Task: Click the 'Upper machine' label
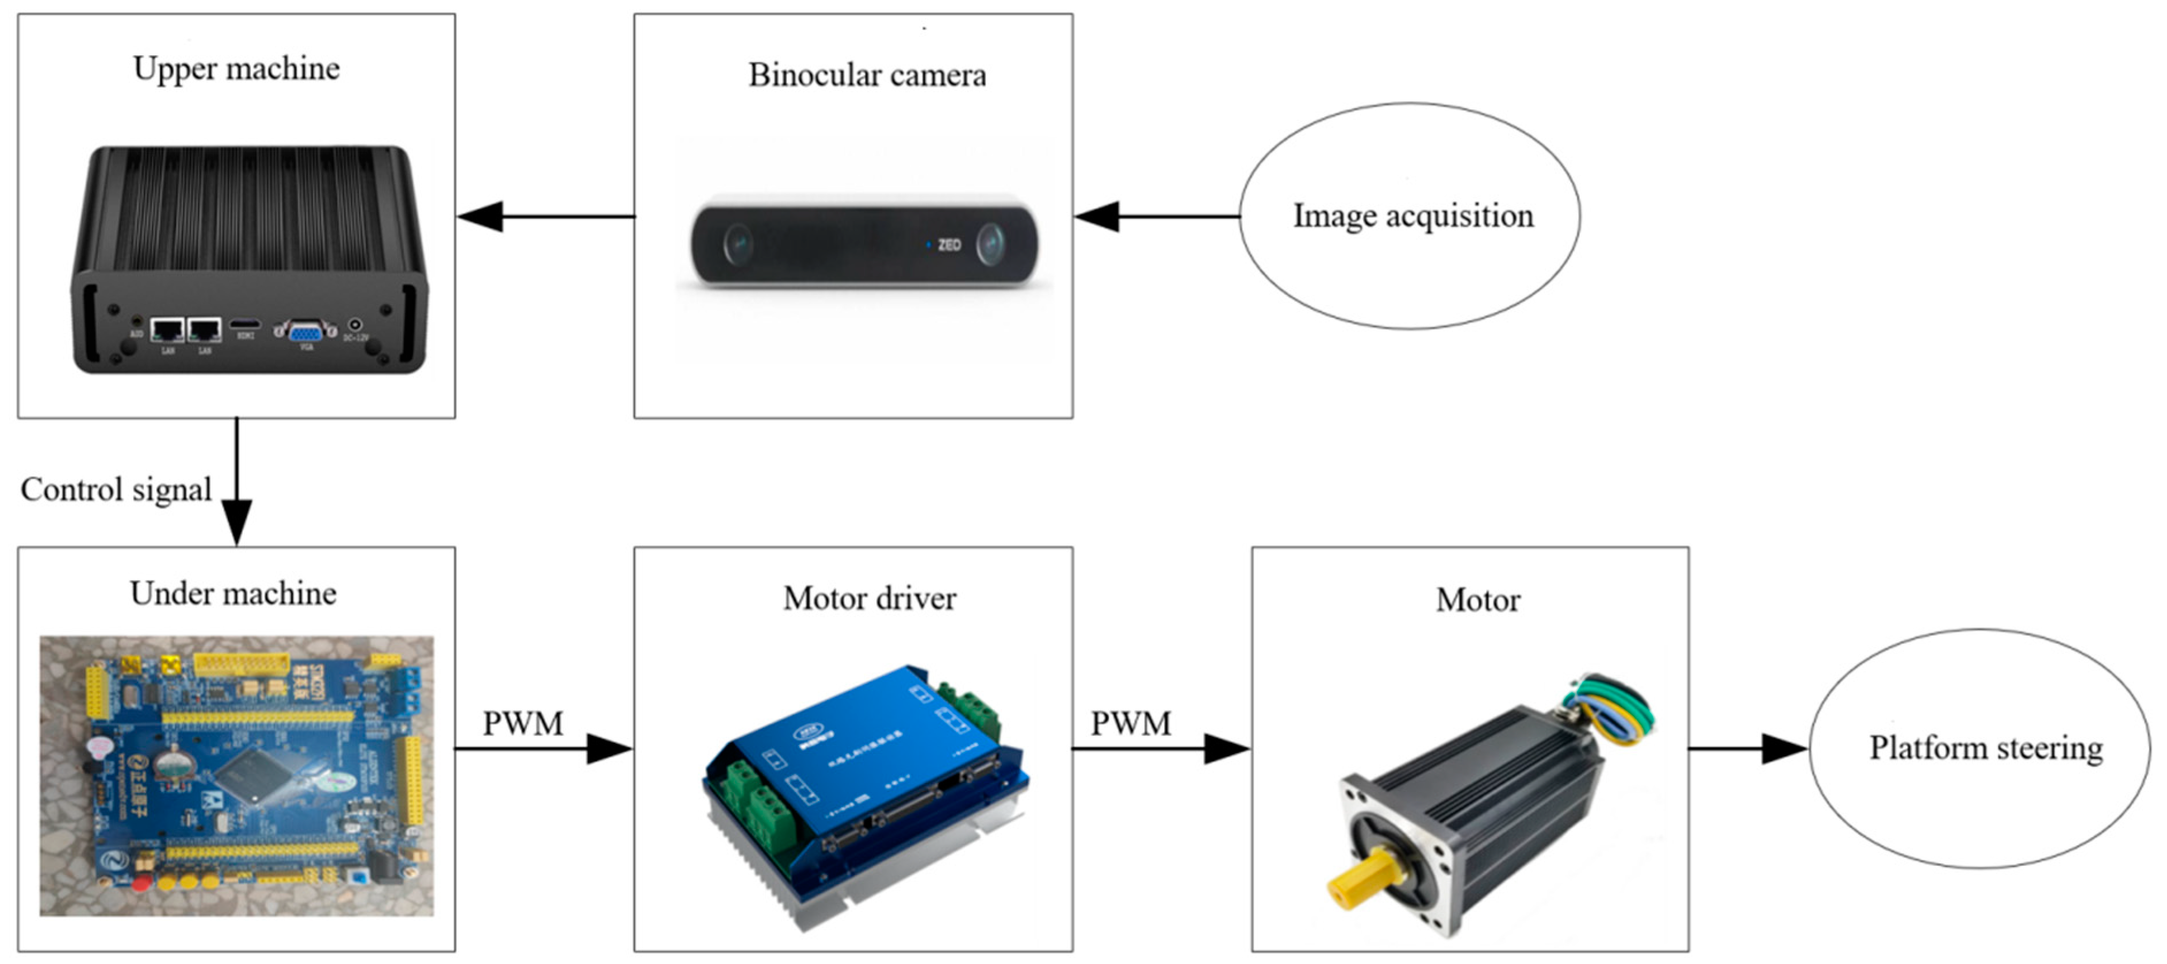[x=236, y=69]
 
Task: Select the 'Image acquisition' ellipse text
[x=1412, y=216]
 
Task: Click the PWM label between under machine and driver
[x=522, y=723]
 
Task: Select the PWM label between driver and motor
[x=1131, y=723]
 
